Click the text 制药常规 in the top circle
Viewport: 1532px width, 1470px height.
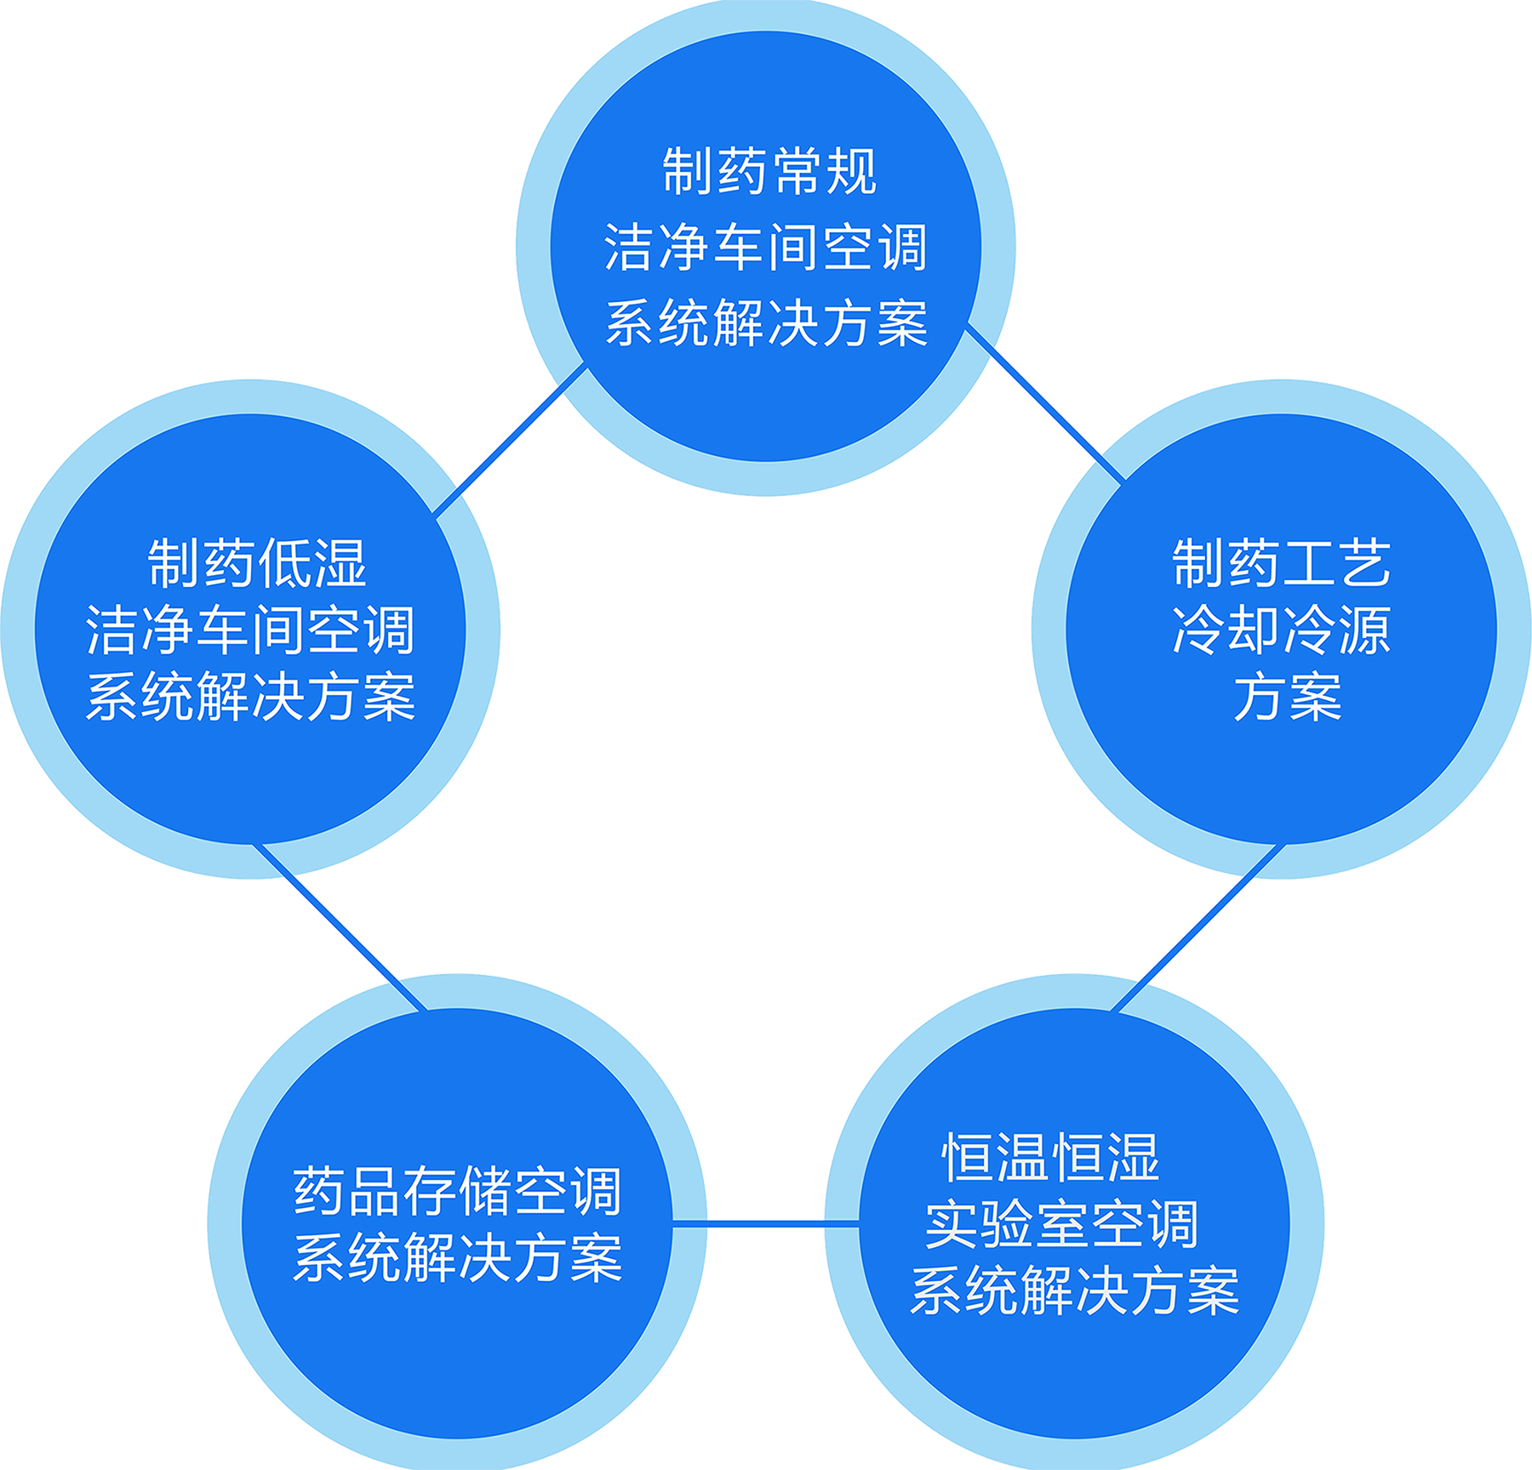tap(769, 172)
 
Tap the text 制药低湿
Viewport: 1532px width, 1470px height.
tap(257, 563)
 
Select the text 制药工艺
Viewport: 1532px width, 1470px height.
tap(1282, 563)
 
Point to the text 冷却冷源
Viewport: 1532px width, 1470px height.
tap(1282, 630)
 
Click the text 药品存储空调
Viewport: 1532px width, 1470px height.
tap(458, 1191)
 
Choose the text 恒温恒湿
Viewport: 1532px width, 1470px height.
tap(1050, 1158)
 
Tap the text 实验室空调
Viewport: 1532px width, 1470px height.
tap(1061, 1225)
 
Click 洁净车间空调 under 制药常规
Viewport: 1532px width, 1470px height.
tap(766, 248)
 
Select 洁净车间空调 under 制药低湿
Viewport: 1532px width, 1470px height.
tap(250, 630)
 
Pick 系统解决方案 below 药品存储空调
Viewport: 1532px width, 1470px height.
tap(458, 1258)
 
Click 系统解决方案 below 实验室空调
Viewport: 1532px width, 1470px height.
tap(1074, 1291)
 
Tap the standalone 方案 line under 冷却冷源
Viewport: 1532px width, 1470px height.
tap(1288, 697)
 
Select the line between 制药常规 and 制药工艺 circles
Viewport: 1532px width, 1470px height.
tap(1045, 403)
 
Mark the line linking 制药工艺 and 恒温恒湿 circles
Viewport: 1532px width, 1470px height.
tap(1197, 928)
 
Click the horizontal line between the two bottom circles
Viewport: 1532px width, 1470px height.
tap(766, 1224)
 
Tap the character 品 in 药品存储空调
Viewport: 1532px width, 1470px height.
tap(375, 1191)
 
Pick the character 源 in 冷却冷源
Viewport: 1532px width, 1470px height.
tap(1364, 630)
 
